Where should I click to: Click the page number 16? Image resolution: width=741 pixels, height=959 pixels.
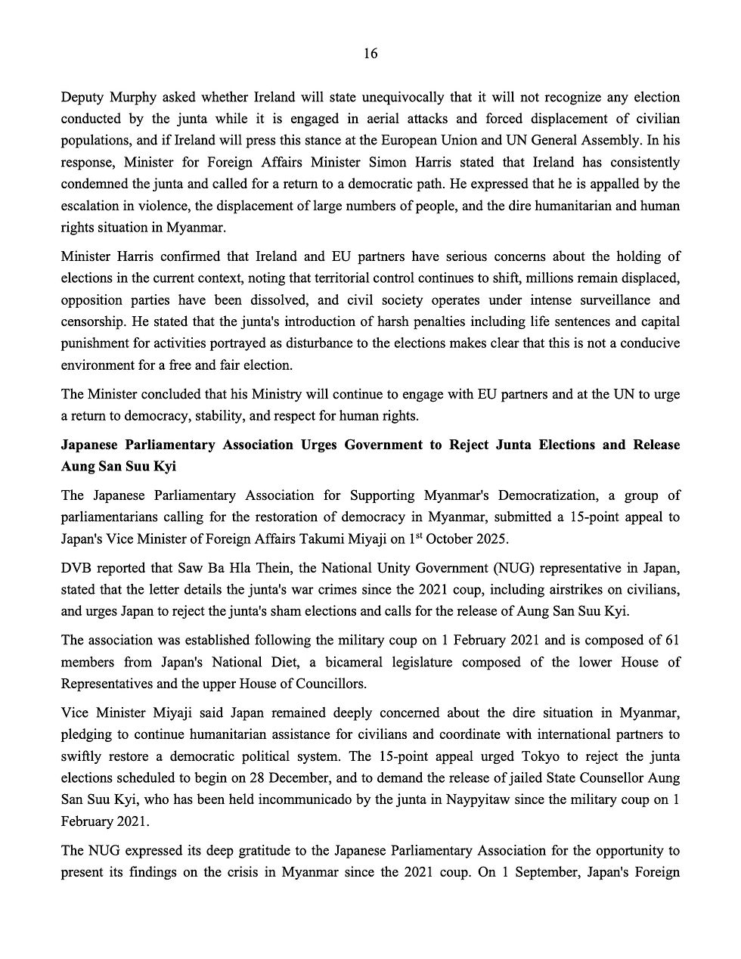click(x=370, y=53)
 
